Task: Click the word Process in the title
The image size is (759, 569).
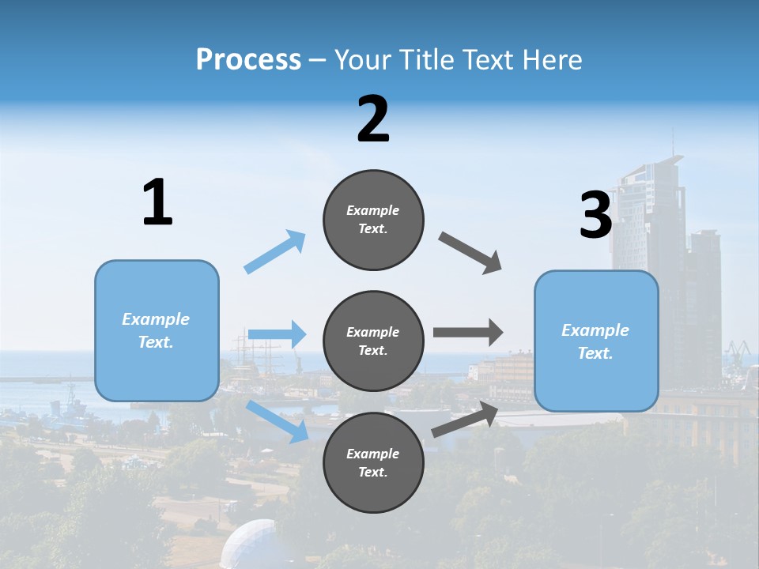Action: (248, 60)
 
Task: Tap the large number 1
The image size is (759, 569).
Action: (157, 203)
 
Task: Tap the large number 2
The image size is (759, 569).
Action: (373, 119)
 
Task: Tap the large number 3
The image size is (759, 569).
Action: (596, 215)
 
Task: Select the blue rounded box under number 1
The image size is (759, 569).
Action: (157, 330)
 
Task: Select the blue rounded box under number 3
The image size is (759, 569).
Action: (596, 341)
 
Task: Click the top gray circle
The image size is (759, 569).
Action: (373, 220)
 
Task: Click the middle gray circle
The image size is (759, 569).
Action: (373, 341)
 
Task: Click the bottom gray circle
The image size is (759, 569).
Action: (373, 462)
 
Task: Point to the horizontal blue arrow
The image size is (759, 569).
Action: (277, 334)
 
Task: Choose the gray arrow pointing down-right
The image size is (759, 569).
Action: (470, 253)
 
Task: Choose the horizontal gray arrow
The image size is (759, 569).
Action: (467, 333)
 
